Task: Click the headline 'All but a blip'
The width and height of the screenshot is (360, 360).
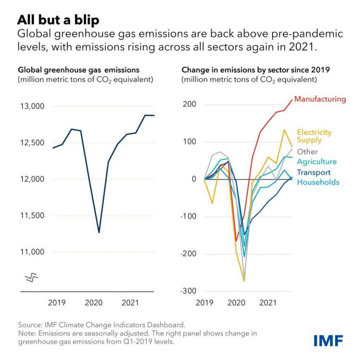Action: coord(59,20)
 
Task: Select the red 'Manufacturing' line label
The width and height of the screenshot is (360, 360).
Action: coord(320,99)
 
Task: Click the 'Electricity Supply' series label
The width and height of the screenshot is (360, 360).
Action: coord(314,136)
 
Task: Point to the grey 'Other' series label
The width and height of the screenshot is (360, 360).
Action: coord(307,152)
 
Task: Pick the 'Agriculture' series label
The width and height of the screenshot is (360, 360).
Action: coord(317,162)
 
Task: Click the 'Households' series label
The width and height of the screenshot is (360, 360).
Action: coord(318,182)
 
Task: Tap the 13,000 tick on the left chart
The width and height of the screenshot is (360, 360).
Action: coord(31,106)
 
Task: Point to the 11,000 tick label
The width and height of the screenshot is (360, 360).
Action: coord(31,252)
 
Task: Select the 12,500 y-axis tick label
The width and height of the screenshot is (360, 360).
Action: coord(31,143)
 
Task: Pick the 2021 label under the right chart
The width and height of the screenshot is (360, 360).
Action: coord(267,303)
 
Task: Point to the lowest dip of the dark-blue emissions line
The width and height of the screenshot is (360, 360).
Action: coord(99,232)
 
